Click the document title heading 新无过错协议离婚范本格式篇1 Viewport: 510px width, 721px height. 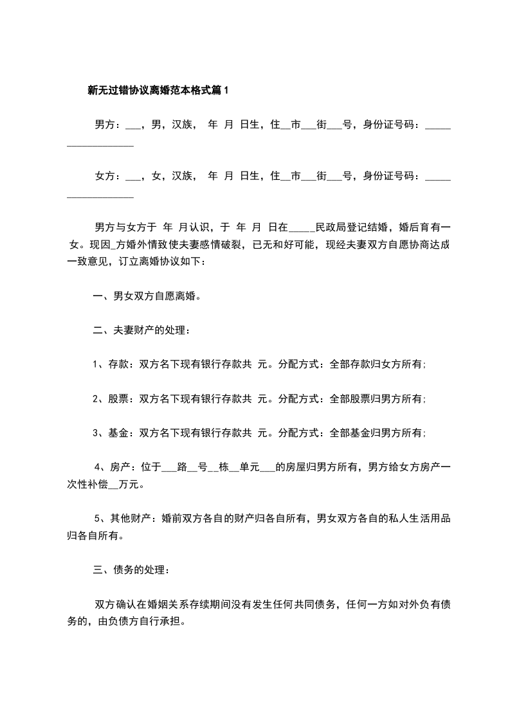[x=158, y=91]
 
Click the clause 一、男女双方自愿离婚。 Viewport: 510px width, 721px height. [x=147, y=296]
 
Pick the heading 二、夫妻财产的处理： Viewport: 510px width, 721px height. [x=141, y=330]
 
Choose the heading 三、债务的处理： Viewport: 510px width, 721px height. [x=132, y=569]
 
